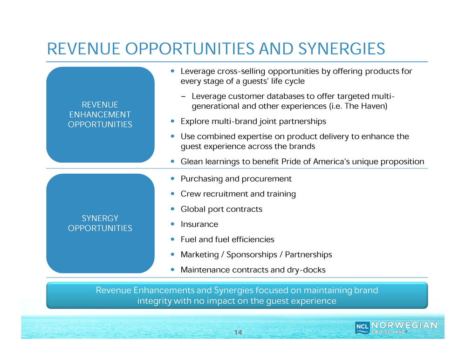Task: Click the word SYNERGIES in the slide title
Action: point(342,49)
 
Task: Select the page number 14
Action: point(238,333)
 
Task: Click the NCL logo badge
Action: point(362,327)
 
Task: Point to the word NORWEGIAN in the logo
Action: point(404,325)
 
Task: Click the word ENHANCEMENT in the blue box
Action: point(100,115)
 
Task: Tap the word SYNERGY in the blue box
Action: point(100,218)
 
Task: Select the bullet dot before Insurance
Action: point(173,224)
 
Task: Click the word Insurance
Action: point(199,224)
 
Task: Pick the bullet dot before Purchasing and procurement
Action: point(173,178)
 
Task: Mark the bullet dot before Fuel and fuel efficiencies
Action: point(173,239)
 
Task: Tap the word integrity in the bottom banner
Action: point(154,301)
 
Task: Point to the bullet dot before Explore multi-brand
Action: point(173,121)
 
